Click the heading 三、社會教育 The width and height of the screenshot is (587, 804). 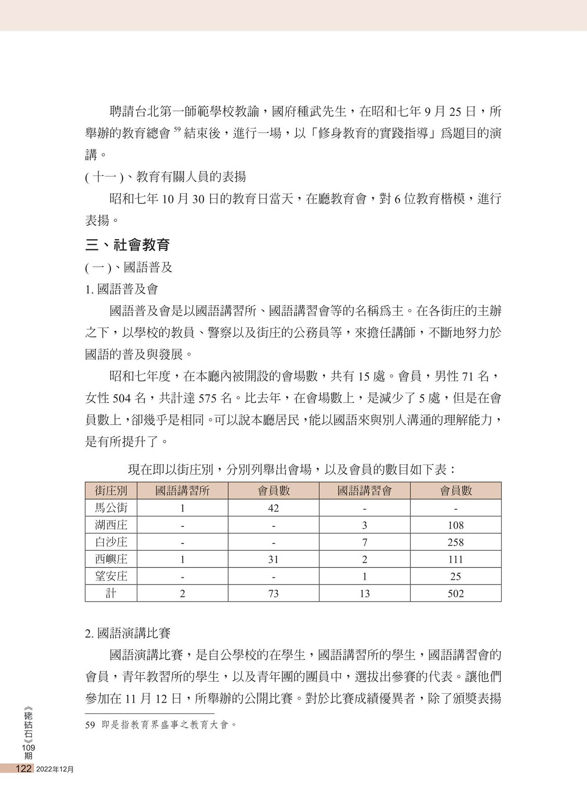128,245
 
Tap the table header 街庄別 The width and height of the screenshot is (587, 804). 111,491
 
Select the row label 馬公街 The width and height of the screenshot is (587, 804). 111,508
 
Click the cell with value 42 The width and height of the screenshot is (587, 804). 273,508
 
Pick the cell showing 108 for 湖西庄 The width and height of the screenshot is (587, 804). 456,525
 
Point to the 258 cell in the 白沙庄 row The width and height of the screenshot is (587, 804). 456,542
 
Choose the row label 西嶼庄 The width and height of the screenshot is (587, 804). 111,559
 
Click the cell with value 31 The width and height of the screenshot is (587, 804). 273,559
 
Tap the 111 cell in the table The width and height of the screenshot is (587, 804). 456,559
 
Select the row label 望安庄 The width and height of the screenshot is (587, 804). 111,577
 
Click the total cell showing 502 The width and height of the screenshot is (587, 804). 456,594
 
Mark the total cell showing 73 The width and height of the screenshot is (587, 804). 273,594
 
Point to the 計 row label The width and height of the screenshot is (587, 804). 111,593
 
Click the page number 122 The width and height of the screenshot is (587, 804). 23,769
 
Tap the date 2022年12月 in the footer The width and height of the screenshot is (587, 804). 55,769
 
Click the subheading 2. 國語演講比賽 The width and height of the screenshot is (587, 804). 128,633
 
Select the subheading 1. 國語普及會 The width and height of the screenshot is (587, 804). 121,289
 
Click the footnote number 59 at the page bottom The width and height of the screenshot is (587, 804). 90,725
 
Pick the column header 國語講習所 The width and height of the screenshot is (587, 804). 182,491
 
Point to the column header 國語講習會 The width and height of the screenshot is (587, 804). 364,491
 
